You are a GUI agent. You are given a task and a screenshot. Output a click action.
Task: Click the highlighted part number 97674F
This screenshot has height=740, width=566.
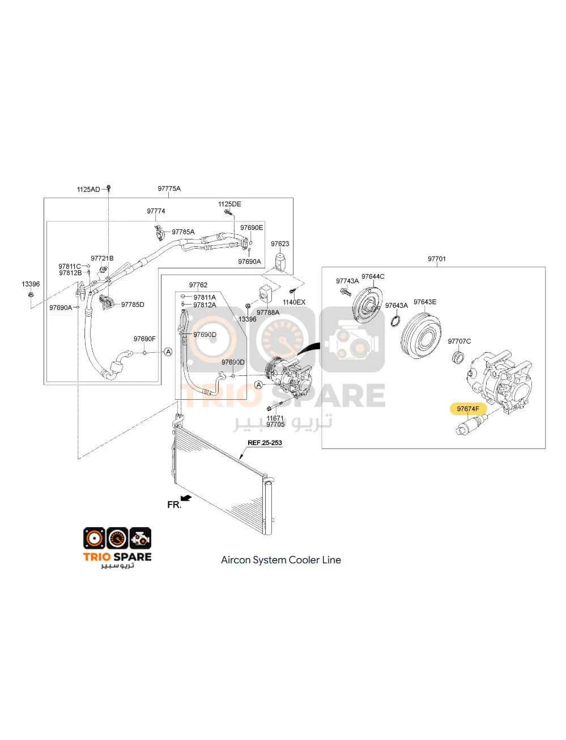(x=468, y=408)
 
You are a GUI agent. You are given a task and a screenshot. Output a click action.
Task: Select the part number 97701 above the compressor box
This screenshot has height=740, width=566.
(x=436, y=259)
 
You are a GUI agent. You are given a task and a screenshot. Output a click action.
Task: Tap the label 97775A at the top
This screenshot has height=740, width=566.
(x=169, y=189)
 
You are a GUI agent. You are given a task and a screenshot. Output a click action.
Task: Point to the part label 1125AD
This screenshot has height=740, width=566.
(x=88, y=189)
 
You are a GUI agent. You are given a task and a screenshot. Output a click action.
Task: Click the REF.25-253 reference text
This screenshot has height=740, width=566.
(x=265, y=443)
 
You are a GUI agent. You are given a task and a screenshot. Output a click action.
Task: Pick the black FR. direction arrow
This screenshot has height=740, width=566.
(x=186, y=498)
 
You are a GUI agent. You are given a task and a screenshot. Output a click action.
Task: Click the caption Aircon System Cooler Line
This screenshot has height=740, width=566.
(x=281, y=560)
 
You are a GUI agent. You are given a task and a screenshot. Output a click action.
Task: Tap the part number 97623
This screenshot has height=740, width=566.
(x=280, y=244)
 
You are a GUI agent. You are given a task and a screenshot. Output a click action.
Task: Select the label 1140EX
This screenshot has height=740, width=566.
(x=294, y=302)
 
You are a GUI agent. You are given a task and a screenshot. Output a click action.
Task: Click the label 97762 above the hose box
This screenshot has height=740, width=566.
(x=198, y=285)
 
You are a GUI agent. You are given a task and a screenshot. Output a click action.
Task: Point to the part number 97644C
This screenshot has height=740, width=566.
(x=373, y=276)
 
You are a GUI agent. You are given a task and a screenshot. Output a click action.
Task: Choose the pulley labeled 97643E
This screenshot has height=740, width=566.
(x=421, y=340)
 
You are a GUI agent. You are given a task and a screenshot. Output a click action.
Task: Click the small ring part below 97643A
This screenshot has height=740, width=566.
(x=397, y=322)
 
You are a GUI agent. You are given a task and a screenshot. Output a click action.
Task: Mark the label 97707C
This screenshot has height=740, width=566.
(x=459, y=341)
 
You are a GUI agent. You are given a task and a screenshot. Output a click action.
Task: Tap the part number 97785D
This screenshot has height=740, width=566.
(x=133, y=305)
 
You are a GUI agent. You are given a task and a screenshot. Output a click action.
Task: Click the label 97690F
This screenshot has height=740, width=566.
(x=144, y=339)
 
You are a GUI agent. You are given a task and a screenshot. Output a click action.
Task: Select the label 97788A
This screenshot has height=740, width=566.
(x=268, y=313)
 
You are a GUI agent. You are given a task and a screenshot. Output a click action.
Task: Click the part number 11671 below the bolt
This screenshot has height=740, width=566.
(x=275, y=418)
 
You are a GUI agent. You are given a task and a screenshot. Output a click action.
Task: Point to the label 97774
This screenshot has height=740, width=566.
(x=156, y=211)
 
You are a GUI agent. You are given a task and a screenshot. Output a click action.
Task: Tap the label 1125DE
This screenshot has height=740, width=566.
(x=229, y=204)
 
